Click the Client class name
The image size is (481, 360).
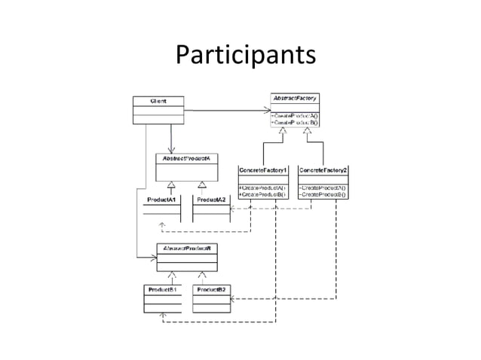pos(158,100)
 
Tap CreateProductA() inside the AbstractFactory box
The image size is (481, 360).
pos(295,114)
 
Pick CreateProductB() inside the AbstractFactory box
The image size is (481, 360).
pos(295,122)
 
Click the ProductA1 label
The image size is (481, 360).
pos(161,200)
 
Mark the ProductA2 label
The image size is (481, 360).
pos(211,200)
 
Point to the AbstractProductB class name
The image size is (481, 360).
pos(188,248)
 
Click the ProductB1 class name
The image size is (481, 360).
pos(162,289)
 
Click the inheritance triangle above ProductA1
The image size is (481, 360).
pos(172,185)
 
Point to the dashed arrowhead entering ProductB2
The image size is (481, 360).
pos(232,299)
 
